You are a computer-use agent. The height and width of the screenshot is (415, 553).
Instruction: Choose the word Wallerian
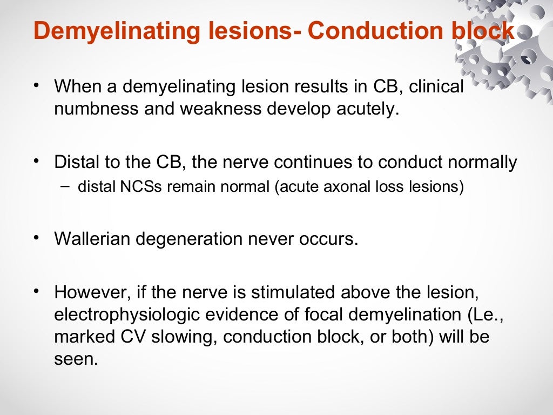[x=92, y=239]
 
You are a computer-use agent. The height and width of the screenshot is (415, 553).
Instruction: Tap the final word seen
[x=76, y=359]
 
